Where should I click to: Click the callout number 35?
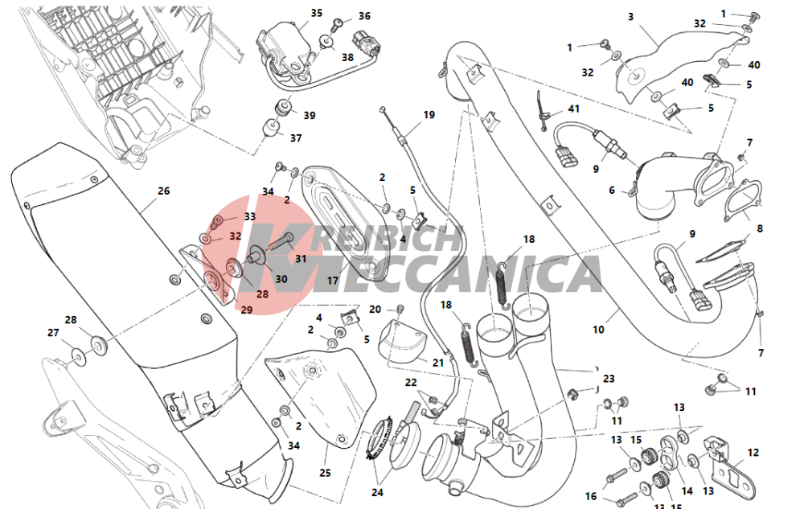[x=316, y=13]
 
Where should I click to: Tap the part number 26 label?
[x=163, y=191]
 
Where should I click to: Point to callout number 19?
[x=429, y=115]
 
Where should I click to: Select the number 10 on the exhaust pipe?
[x=598, y=330]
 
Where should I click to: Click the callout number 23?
[x=609, y=379]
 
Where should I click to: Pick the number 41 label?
[x=574, y=109]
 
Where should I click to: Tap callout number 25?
[x=325, y=473]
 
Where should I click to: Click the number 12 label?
[x=753, y=453]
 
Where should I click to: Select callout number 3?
[x=630, y=17]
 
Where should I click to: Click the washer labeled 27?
[x=79, y=354]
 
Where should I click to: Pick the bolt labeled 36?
[x=338, y=23]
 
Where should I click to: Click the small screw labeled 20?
[x=400, y=309]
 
